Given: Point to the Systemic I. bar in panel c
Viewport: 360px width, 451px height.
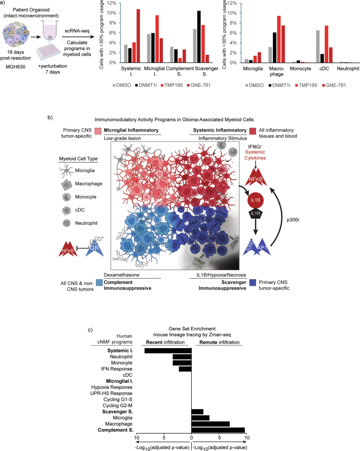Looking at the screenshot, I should tap(168, 351).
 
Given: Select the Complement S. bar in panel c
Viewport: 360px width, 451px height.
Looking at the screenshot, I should tap(218, 430).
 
